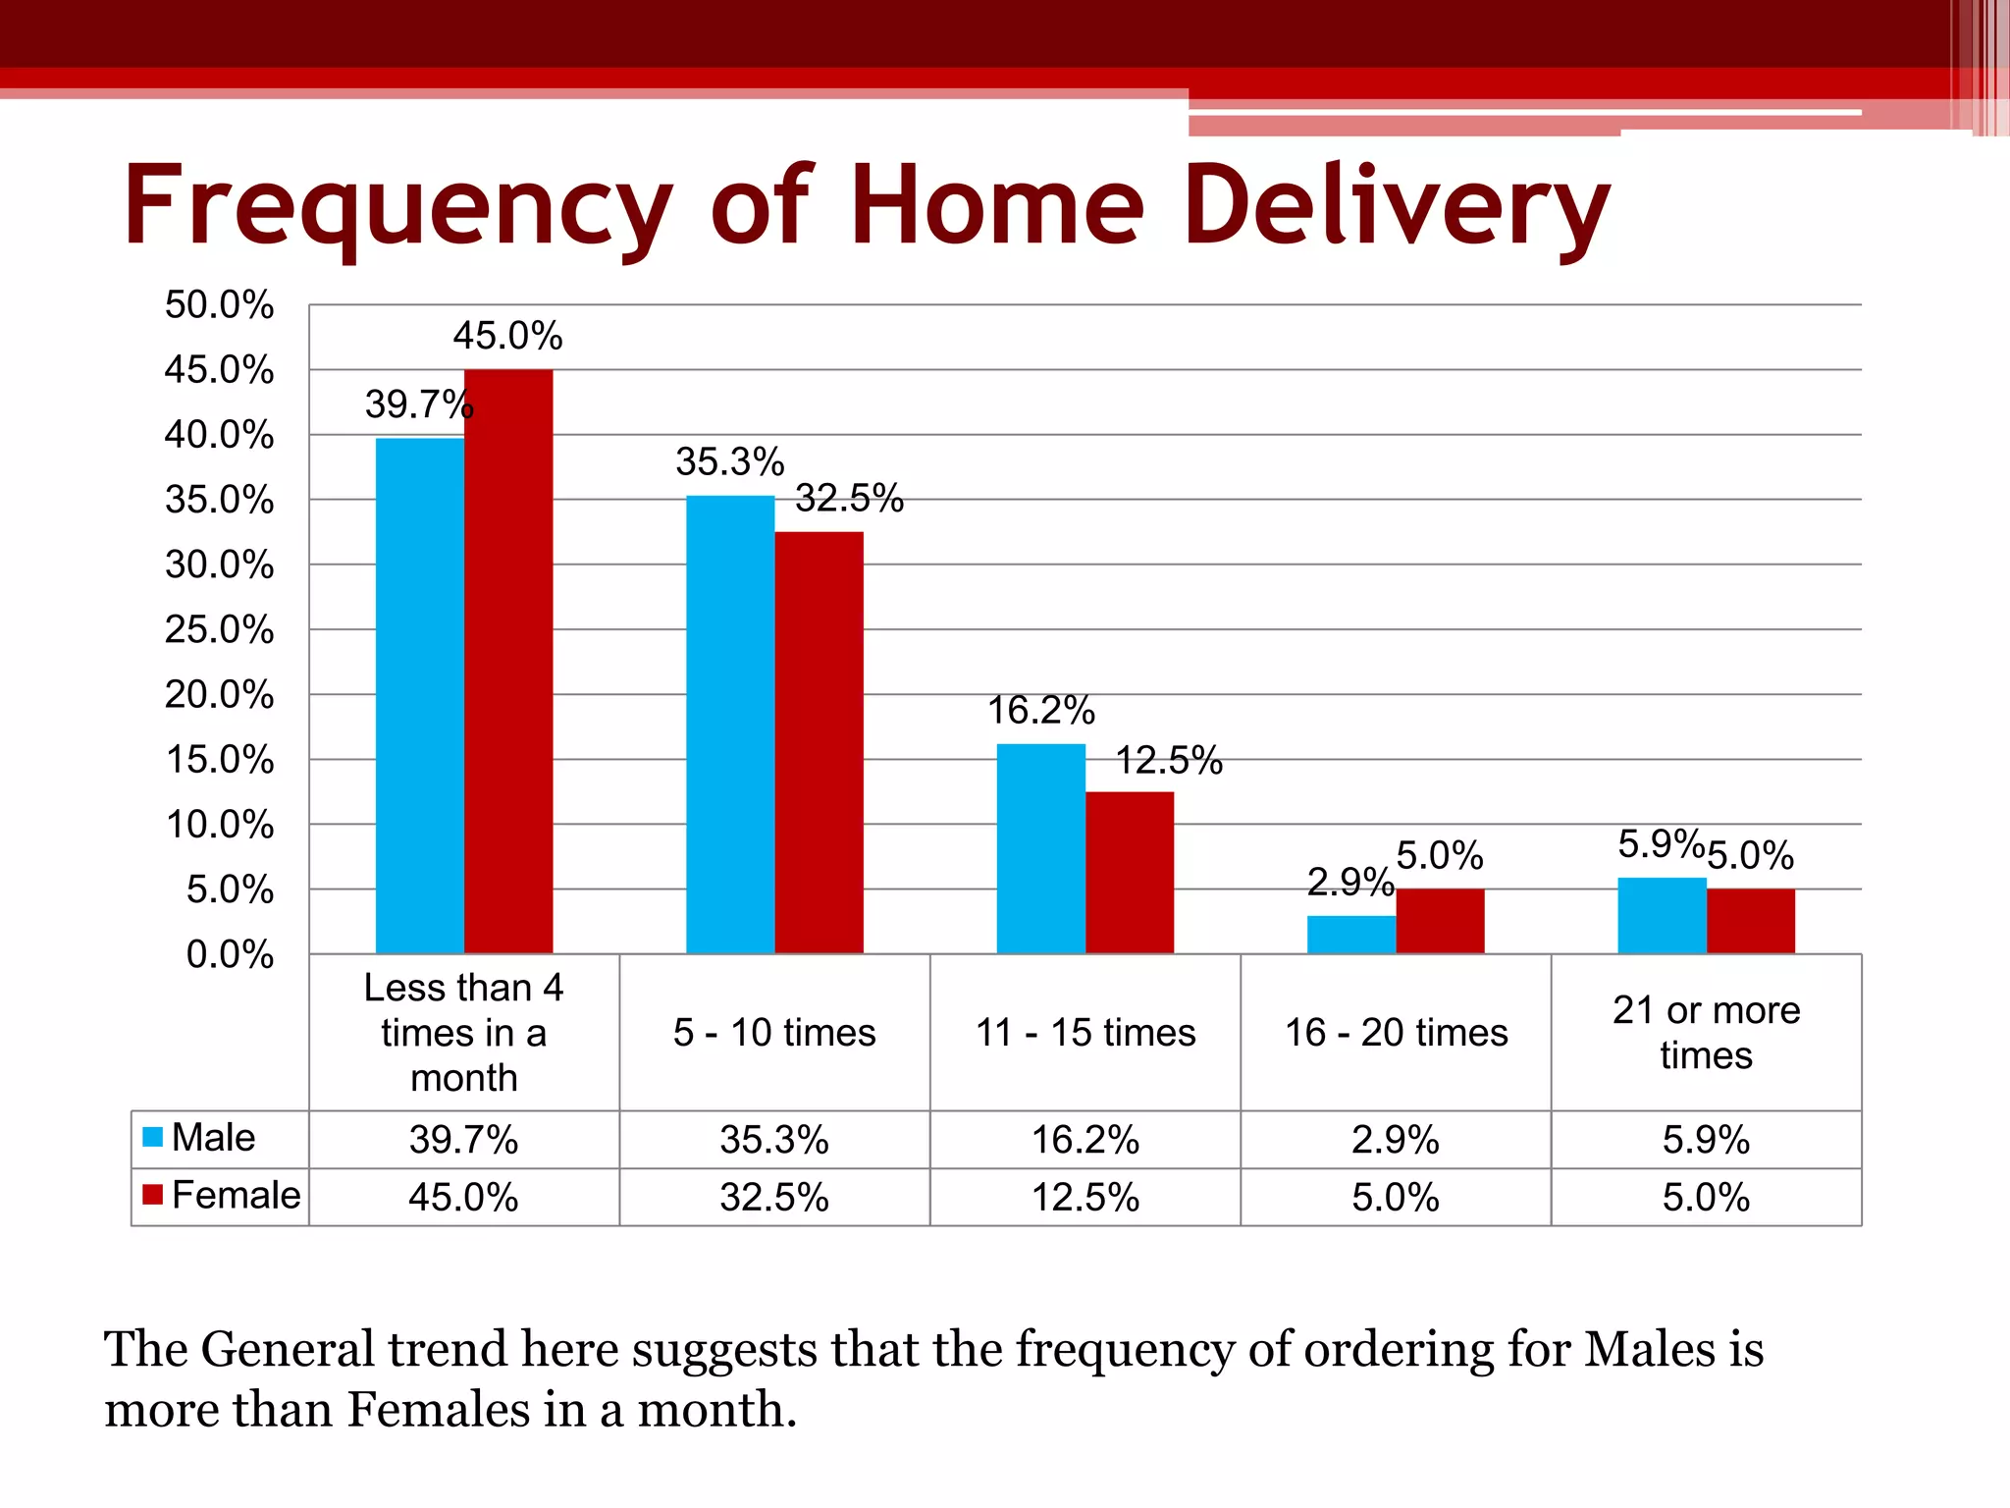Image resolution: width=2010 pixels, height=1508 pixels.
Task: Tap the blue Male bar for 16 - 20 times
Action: click(x=1350, y=934)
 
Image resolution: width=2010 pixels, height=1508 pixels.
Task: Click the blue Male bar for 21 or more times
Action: click(x=1662, y=915)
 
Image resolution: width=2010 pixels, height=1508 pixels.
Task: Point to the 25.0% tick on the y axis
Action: click(x=219, y=629)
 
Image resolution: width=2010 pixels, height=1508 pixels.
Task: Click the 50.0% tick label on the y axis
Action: click(x=219, y=304)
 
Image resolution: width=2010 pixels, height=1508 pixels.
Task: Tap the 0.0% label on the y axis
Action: click(x=230, y=954)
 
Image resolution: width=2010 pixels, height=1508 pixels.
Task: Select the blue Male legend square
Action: click(x=152, y=1137)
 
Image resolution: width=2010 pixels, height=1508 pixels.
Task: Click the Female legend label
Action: click(x=236, y=1195)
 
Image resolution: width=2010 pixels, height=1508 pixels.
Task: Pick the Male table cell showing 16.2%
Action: click(x=1084, y=1140)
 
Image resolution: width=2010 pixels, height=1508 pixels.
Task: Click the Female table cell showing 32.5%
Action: click(x=773, y=1197)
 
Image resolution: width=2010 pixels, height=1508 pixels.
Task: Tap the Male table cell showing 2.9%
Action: click(x=1395, y=1140)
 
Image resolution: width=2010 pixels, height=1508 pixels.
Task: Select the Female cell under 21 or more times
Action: click(x=1706, y=1197)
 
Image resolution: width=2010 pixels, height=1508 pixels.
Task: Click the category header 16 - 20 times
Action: click(x=1396, y=1032)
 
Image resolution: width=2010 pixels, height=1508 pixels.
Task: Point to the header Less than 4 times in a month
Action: click(x=463, y=1032)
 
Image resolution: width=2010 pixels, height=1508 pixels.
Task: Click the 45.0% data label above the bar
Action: click(x=507, y=336)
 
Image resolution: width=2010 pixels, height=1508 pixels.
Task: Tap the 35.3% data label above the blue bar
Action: click(x=729, y=461)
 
